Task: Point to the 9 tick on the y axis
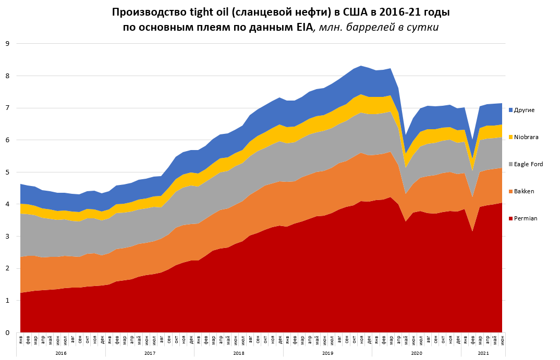point(8,44)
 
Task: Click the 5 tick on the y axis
point(8,172)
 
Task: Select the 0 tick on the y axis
point(8,332)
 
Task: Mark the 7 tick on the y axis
point(8,108)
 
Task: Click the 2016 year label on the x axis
point(60,353)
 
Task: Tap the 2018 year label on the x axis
point(238,353)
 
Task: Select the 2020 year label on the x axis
point(416,353)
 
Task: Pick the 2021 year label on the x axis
point(483,353)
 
